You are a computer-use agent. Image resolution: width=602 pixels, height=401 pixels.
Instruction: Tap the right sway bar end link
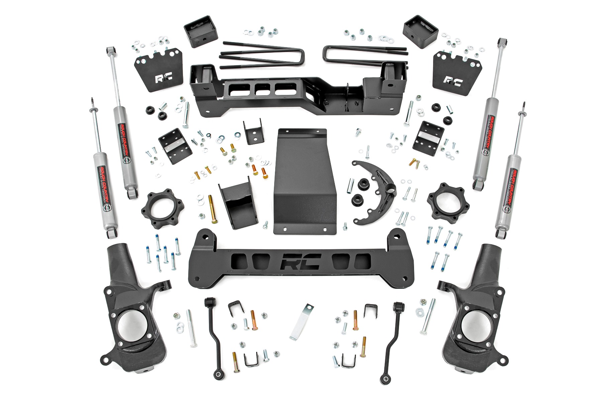pos(392,334)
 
